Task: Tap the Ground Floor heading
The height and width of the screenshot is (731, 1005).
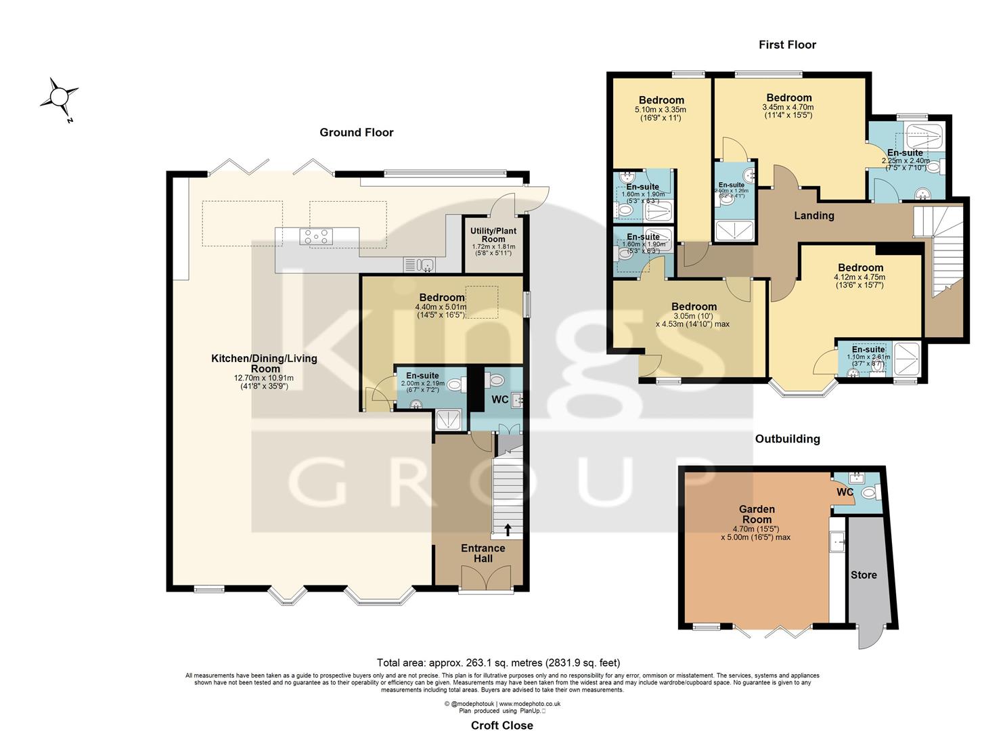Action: [x=356, y=133]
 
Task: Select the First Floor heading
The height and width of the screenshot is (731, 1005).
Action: [x=787, y=45]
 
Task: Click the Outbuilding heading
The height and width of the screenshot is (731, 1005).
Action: [x=787, y=439]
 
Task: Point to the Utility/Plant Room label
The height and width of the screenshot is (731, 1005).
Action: [x=493, y=235]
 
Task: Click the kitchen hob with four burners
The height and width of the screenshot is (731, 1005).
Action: [x=317, y=236]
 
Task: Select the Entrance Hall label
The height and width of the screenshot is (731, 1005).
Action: [x=483, y=553]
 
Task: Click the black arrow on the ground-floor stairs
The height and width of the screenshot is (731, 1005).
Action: [x=508, y=529]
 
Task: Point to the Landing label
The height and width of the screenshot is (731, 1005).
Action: [x=813, y=215]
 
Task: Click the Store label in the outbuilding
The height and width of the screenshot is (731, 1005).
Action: [x=864, y=575]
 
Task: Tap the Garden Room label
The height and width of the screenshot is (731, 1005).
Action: [x=757, y=514]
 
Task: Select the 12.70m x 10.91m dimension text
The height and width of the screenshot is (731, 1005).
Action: [x=263, y=378]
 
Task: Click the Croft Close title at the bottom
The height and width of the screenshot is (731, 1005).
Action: [x=502, y=725]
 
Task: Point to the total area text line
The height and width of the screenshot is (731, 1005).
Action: [x=498, y=663]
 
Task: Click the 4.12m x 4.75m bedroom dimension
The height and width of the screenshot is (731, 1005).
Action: [x=859, y=277]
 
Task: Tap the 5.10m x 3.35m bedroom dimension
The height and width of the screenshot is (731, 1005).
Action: [x=660, y=110]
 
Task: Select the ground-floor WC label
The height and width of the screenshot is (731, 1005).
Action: [x=499, y=399]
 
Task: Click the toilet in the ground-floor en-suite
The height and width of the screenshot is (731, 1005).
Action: [x=455, y=385]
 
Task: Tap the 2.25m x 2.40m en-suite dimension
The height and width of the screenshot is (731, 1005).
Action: [x=905, y=161]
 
